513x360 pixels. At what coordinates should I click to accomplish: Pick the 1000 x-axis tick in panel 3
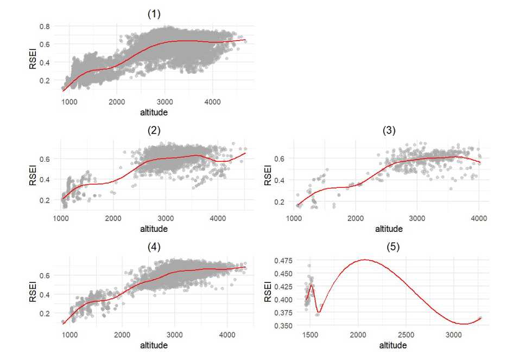[x=295, y=219]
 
